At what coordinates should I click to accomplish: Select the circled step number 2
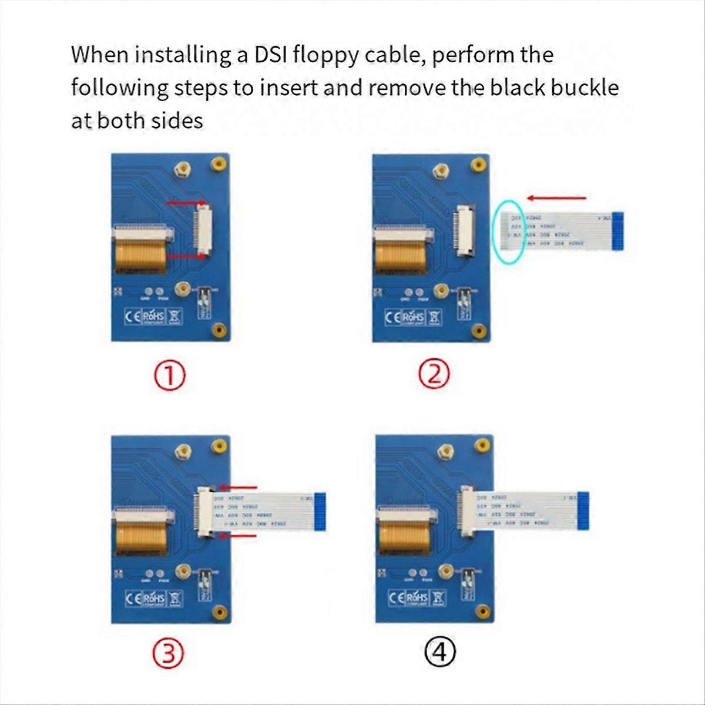click(434, 375)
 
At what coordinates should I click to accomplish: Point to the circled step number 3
click(169, 654)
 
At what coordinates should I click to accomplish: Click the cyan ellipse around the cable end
click(509, 231)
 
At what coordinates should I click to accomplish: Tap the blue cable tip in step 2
click(617, 230)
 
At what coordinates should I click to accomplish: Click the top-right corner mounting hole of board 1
click(219, 164)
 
